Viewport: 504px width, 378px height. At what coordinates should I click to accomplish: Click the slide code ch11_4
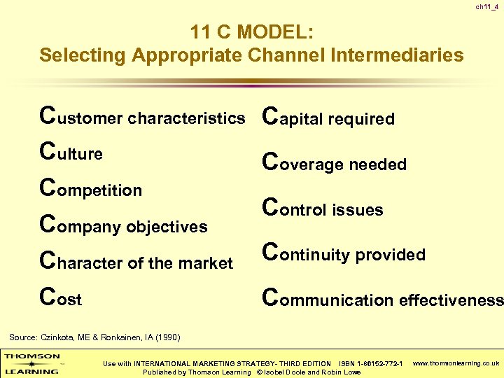tap(487, 7)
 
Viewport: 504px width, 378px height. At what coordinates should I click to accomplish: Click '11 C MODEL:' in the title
tap(251, 32)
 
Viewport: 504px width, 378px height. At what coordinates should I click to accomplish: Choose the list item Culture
tap(71, 153)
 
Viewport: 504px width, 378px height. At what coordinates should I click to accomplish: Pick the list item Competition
tap(91, 189)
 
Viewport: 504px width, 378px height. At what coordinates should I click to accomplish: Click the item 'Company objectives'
tap(124, 225)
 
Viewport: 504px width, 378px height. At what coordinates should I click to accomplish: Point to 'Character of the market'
tap(136, 262)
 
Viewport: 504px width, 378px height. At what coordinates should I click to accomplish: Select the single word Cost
tap(61, 299)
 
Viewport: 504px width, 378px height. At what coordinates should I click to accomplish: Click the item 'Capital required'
tap(328, 118)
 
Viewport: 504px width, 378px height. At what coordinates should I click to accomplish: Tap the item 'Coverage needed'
tap(334, 163)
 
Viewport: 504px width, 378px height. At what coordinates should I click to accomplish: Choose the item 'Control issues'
tap(322, 209)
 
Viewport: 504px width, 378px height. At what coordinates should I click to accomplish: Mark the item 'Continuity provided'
tap(343, 254)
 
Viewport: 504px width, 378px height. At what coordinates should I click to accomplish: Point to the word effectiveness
tap(451, 300)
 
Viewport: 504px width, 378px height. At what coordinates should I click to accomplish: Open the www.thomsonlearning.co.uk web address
tap(456, 363)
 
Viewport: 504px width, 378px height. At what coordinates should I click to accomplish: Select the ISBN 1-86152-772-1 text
tap(370, 364)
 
